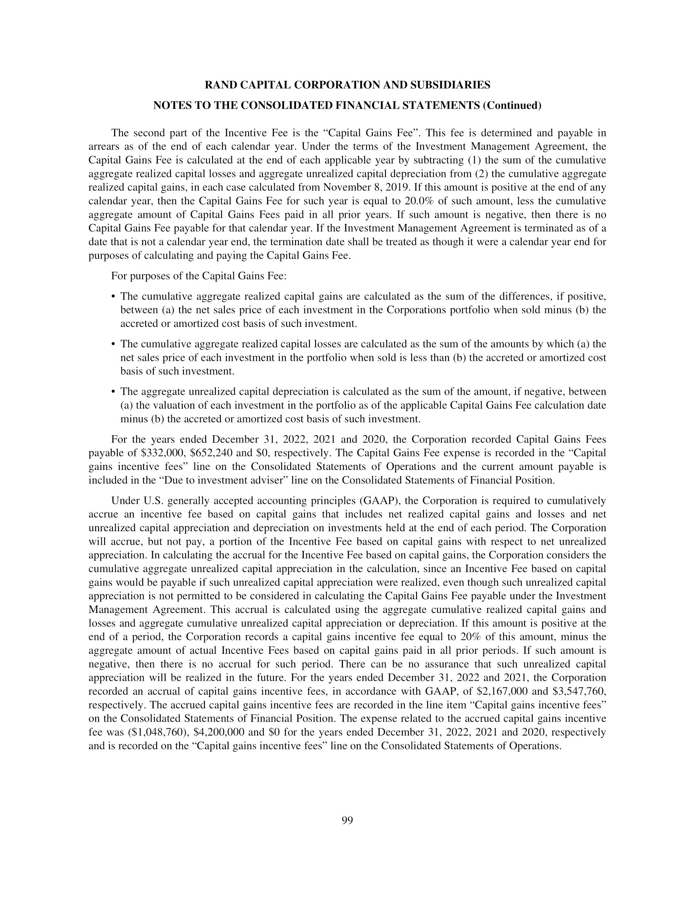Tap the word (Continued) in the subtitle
tap(512, 106)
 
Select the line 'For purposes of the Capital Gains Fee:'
tap(198, 276)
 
